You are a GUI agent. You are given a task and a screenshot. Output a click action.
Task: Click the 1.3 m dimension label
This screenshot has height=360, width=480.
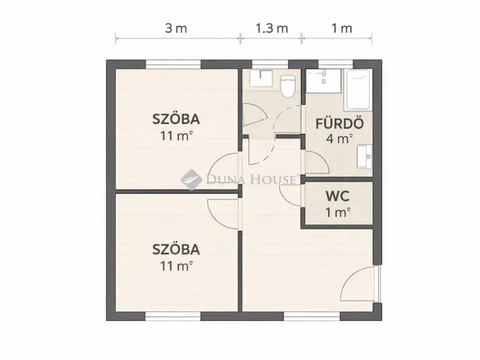[271, 28]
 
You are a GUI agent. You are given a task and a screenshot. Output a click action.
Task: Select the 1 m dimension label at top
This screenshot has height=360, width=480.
[341, 28]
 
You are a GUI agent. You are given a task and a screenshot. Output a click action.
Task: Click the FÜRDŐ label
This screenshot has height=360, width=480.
[339, 123]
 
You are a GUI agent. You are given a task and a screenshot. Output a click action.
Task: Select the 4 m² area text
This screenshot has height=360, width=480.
[339, 139]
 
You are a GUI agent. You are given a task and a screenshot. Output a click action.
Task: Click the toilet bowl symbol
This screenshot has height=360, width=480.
[286, 86]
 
